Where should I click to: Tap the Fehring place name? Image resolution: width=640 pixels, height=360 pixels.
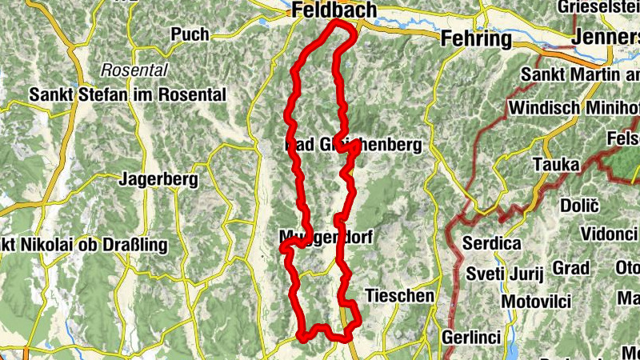pyautogui.click(x=475, y=38)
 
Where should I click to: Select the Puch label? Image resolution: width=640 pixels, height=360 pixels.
pyautogui.click(x=190, y=34)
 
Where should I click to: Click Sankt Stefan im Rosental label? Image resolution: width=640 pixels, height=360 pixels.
pyautogui.click(x=127, y=94)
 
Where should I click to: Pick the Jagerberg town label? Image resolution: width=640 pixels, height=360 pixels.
pyautogui.click(x=158, y=180)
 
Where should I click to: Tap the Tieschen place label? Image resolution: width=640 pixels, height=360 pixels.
pyautogui.click(x=399, y=296)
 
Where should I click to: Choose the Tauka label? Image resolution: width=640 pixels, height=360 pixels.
pyautogui.click(x=558, y=164)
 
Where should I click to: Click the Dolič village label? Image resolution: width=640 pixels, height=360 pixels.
pyautogui.click(x=580, y=206)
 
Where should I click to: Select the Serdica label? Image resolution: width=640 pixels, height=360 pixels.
pyautogui.click(x=493, y=243)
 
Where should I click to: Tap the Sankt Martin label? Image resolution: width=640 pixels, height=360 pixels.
pyautogui.click(x=581, y=74)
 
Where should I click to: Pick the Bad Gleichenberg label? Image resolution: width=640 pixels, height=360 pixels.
pyautogui.click(x=353, y=146)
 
